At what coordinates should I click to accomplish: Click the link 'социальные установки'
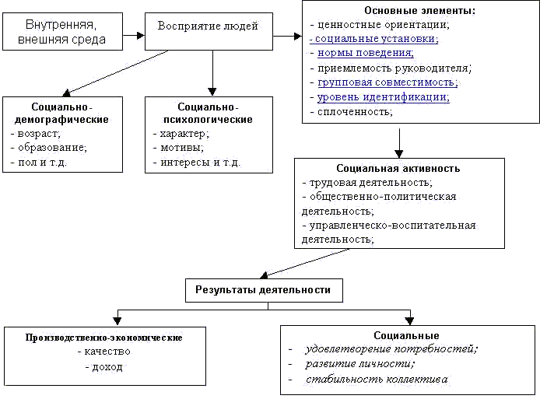[376, 38]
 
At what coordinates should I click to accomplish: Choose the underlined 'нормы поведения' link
[366, 53]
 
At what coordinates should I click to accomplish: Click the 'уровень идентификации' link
[383, 97]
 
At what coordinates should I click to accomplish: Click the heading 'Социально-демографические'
[62, 113]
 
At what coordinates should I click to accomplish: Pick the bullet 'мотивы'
[181, 148]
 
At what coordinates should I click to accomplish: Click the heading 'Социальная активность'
[398, 168]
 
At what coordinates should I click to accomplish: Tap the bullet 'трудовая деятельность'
[370, 182]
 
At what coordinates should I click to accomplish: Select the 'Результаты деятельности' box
[264, 290]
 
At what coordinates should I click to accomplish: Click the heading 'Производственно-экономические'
[104, 338]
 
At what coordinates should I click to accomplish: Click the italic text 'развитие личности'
[359, 363]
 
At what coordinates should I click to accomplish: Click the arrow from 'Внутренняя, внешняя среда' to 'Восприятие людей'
[136, 34]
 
